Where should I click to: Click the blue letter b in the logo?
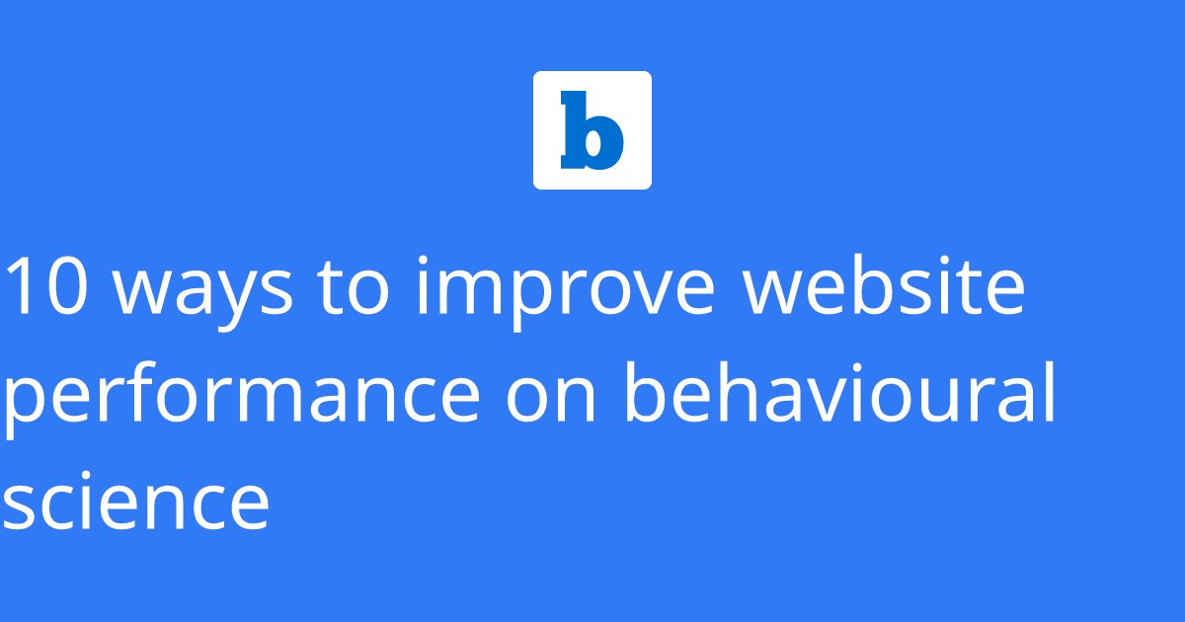pos(592,130)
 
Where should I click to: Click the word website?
pos(884,285)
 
